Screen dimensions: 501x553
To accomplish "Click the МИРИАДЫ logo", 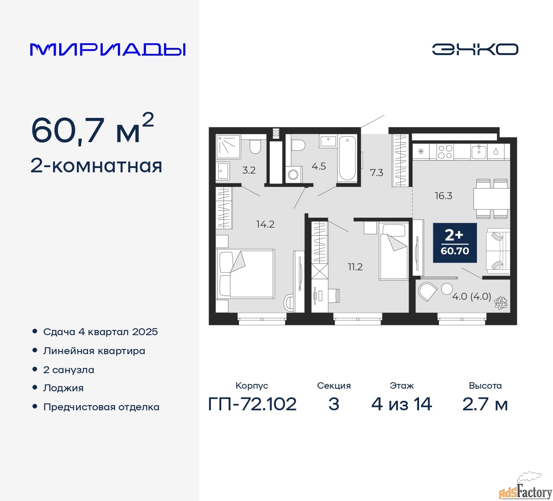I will coord(108,49).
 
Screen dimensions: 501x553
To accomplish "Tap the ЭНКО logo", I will coord(475,49).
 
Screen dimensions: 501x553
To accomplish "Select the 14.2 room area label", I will coord(265,224).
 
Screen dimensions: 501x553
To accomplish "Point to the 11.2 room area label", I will coord(355,267).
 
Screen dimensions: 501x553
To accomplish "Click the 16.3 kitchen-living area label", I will coord(443,196).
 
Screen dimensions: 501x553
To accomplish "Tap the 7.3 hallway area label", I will coord(376,173).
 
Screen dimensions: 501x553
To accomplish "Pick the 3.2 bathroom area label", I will coord(249,170).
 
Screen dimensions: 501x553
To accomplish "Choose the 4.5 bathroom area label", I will coord(319,166).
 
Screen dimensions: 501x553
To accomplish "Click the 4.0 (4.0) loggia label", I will coord(471,296).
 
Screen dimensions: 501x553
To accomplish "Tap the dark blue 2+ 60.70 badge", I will coord(455,243).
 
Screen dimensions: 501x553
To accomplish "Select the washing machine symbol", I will coord(293,174).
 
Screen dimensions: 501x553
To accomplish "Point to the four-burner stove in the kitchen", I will coord(445,152).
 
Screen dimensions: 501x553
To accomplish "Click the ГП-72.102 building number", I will coord(252,404).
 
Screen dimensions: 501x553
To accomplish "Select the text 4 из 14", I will coord(401,404).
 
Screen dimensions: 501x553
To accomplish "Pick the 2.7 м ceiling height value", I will coord(485,404).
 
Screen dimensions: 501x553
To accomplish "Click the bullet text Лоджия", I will coord(64,388).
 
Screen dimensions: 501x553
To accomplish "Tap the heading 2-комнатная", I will coord(96,166).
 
